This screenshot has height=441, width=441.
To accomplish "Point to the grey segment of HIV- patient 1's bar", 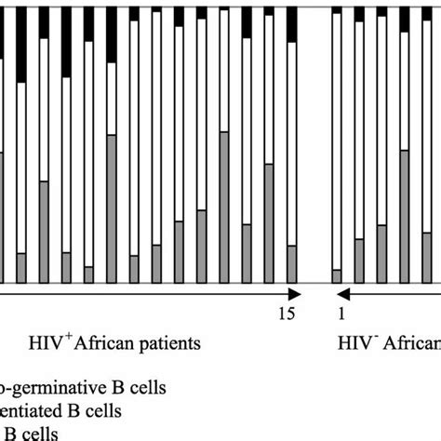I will click(337, 275).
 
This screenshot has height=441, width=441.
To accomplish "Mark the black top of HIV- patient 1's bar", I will click(337, 7).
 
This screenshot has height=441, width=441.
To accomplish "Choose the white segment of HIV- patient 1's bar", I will click(337, 140).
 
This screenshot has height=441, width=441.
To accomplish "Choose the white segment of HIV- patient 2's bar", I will click(359, 130).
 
